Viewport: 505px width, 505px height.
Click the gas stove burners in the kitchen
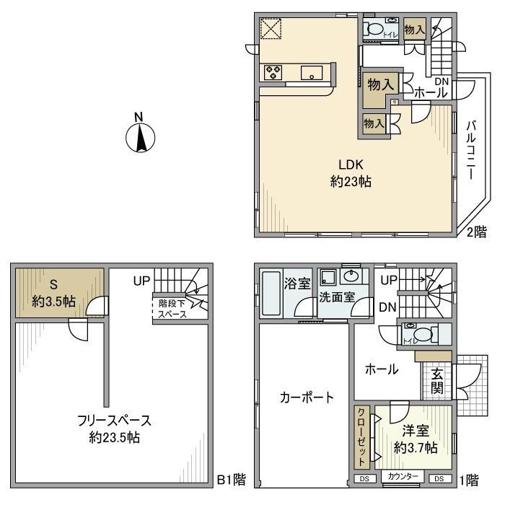point(274,71)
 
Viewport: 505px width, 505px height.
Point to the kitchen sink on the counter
point(312,71)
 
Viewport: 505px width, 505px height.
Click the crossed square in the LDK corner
point(272,30)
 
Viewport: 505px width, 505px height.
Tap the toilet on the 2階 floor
point(375,30)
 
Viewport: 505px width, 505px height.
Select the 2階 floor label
point(476,232)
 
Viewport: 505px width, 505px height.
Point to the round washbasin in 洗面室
point(353,276)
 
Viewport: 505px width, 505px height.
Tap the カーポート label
point(307,397)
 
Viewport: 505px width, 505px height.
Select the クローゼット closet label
point(361,437)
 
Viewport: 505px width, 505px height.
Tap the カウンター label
point(403,478)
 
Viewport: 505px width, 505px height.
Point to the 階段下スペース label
point(172,309)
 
